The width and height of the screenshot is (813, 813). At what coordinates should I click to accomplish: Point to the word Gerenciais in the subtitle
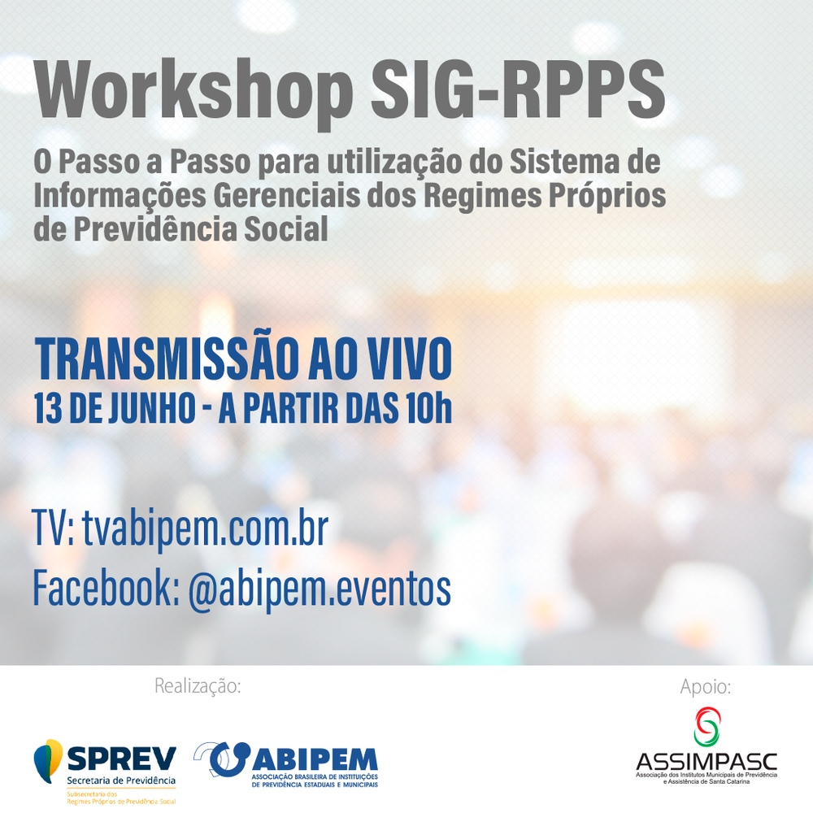click(287, 195)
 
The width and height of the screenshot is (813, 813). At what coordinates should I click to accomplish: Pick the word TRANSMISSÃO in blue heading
click(167, 358)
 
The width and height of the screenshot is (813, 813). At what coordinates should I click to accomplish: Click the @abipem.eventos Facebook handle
click(320, 589)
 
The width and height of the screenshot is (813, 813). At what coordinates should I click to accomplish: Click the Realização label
click(198, 686)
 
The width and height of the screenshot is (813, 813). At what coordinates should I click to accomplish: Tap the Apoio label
click(706, 687)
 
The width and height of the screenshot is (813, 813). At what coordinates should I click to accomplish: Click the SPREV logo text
click(122, 759)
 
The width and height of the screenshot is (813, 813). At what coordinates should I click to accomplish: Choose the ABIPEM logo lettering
click(315, 759)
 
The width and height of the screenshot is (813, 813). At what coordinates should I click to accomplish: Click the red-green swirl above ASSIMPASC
click(707, 727)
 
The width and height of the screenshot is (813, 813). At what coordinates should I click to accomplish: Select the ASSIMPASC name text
click(706, 762)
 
